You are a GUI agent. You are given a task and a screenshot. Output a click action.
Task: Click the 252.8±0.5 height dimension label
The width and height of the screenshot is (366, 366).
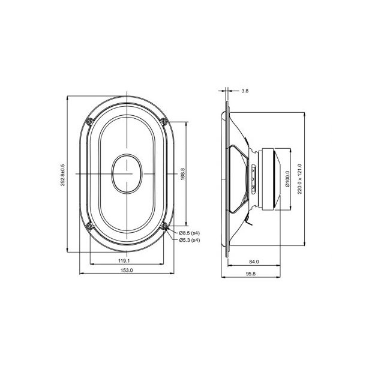[63, 173]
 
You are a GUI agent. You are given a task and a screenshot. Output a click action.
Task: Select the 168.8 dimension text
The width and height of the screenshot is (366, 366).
[183, 173]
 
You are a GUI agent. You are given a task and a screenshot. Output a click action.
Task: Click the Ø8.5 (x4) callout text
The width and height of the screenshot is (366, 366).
[190, 233]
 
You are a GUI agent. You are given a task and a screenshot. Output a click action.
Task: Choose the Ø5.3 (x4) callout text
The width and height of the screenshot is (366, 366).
[190, 240]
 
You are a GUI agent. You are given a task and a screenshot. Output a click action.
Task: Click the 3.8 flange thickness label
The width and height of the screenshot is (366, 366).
[244, 91]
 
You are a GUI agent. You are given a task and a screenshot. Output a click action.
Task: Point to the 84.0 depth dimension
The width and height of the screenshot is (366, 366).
[254, 261]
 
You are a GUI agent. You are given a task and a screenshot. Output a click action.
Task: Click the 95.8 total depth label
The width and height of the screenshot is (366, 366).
[250, 273]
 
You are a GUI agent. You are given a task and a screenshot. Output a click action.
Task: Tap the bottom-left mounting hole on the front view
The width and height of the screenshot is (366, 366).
[90, 226]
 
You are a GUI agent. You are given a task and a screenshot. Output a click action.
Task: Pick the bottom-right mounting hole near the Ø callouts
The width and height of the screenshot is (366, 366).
[166, 226]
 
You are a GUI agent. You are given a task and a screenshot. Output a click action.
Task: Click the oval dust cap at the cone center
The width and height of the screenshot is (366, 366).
[128, 174]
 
